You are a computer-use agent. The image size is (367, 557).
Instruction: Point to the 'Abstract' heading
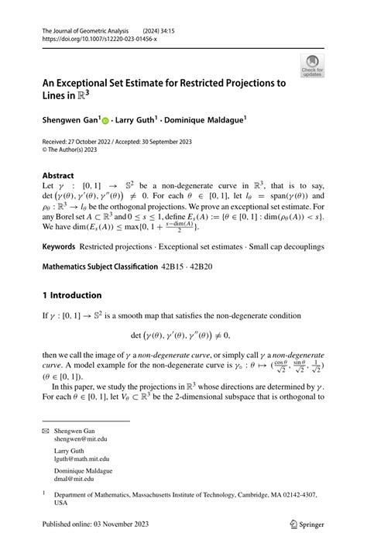[x=59, y=175]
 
